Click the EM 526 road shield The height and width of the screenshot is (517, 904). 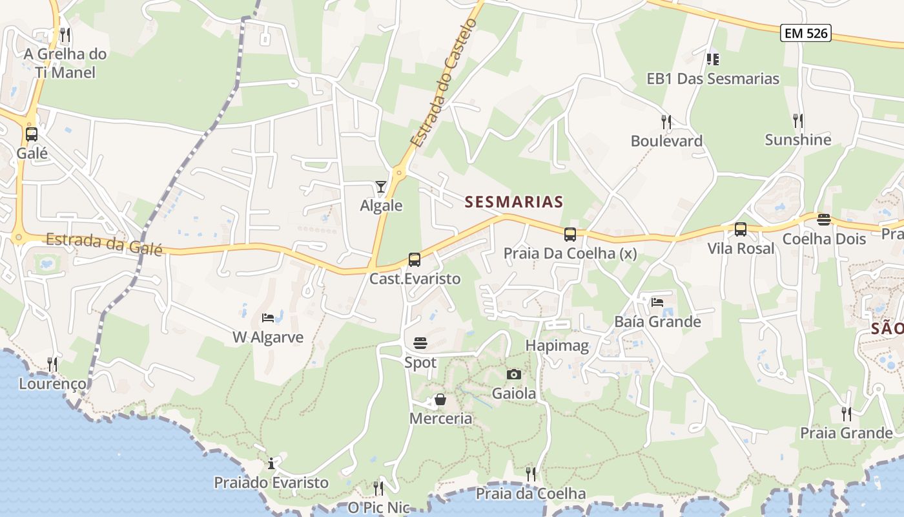(805, 34)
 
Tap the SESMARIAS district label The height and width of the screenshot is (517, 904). (514, 202)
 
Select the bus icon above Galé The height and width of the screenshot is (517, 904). (32, 134)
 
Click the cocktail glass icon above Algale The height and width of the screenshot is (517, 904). (381, 187)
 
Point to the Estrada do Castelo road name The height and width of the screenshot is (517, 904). (444, 83)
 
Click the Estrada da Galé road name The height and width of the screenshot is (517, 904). (103, 244)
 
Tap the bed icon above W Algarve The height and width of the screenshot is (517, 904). (268, 318)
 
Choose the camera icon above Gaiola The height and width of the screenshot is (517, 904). (514, 374)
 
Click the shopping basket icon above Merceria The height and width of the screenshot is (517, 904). (440, 400)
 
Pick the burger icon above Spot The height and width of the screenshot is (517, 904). (420, 343)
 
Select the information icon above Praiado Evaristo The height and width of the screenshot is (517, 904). (271, 463)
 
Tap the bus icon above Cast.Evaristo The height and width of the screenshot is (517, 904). (415, 260)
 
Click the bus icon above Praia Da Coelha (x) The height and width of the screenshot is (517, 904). (570, 235)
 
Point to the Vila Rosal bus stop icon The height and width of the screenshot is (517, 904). (741, 229)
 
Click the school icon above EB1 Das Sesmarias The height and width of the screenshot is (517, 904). (713, 59)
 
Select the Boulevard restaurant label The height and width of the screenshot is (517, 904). (666, 141)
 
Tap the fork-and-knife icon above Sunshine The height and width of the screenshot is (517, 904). (798, 120)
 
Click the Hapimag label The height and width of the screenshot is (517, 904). (557, 346)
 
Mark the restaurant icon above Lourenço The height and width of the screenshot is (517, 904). (52, 364)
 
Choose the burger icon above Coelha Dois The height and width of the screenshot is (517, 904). (824, 220)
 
